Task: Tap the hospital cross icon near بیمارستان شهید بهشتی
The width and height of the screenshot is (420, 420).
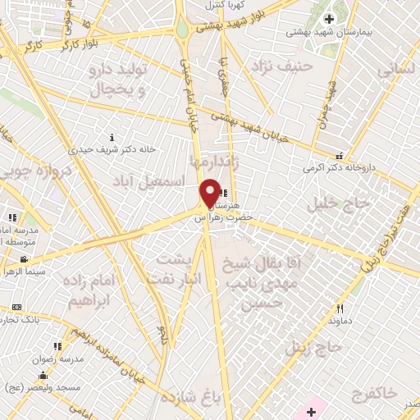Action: click(329, 19)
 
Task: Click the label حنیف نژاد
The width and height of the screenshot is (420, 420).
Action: click(284, 65)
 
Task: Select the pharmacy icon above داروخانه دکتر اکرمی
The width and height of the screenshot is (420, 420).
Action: click(339, 156)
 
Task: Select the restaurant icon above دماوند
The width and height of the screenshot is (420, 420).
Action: click(340, 308)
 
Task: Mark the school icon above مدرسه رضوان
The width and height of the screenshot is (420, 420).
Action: click(57, 347)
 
